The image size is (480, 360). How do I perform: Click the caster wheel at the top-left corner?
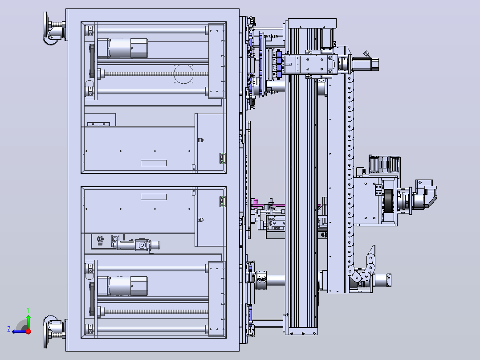pos(53,29)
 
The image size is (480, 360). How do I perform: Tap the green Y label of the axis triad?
pos(28,310)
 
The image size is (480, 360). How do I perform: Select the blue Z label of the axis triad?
pos(9,329)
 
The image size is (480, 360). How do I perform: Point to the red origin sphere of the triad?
pos(28,331)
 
